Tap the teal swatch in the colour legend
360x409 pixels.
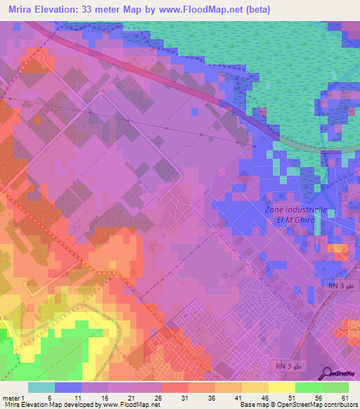coord(41,387)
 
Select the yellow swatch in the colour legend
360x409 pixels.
coord(282,387)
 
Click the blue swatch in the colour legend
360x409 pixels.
coord(67,387)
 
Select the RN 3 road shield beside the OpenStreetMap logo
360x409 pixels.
coord(286,368)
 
